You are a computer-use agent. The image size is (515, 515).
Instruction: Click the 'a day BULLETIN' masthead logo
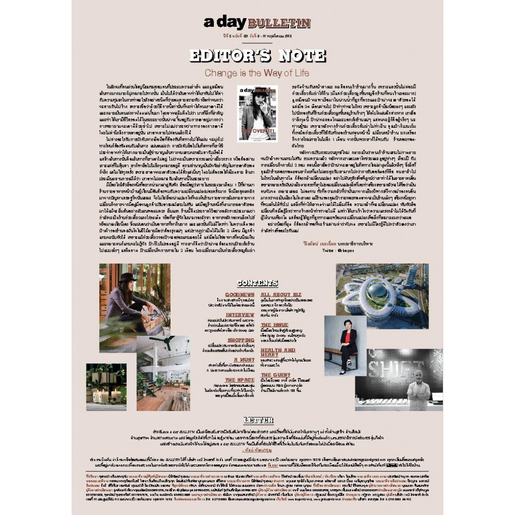257,22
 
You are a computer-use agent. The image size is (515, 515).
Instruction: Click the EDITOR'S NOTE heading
257,56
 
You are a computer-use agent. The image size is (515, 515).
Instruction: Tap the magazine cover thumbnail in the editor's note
257,113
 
